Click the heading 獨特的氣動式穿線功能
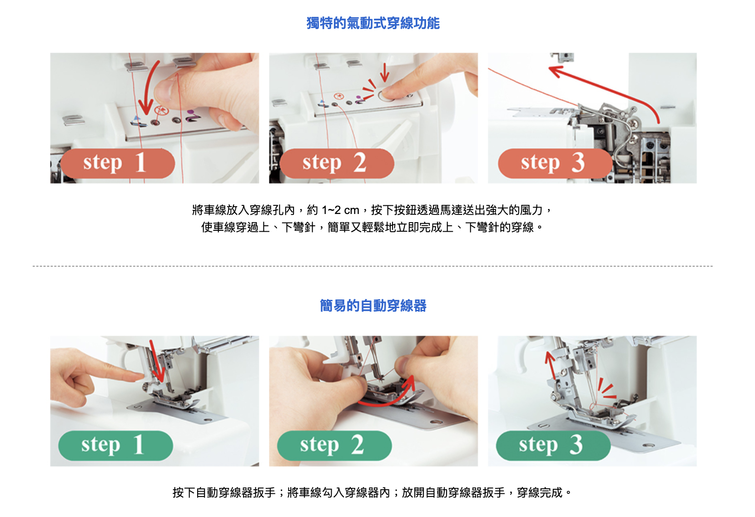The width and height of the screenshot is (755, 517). point(373,23)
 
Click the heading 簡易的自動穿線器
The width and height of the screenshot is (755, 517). point(373,306)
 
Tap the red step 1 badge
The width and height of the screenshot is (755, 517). point(118,164)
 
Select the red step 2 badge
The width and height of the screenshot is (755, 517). point(337,164)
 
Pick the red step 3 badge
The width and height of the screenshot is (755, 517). point(555,164)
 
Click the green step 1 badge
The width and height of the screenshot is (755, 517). point(115,446)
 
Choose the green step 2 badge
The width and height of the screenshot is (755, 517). point(334,446)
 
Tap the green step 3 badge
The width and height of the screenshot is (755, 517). point(553,446)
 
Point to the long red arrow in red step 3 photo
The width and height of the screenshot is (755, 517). point(607,88)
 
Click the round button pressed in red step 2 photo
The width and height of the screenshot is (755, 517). point(386,96)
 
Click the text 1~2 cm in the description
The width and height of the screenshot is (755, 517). point(340,210)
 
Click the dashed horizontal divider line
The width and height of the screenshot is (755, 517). point(373,266)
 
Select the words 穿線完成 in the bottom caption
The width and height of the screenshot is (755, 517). point(540,493)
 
